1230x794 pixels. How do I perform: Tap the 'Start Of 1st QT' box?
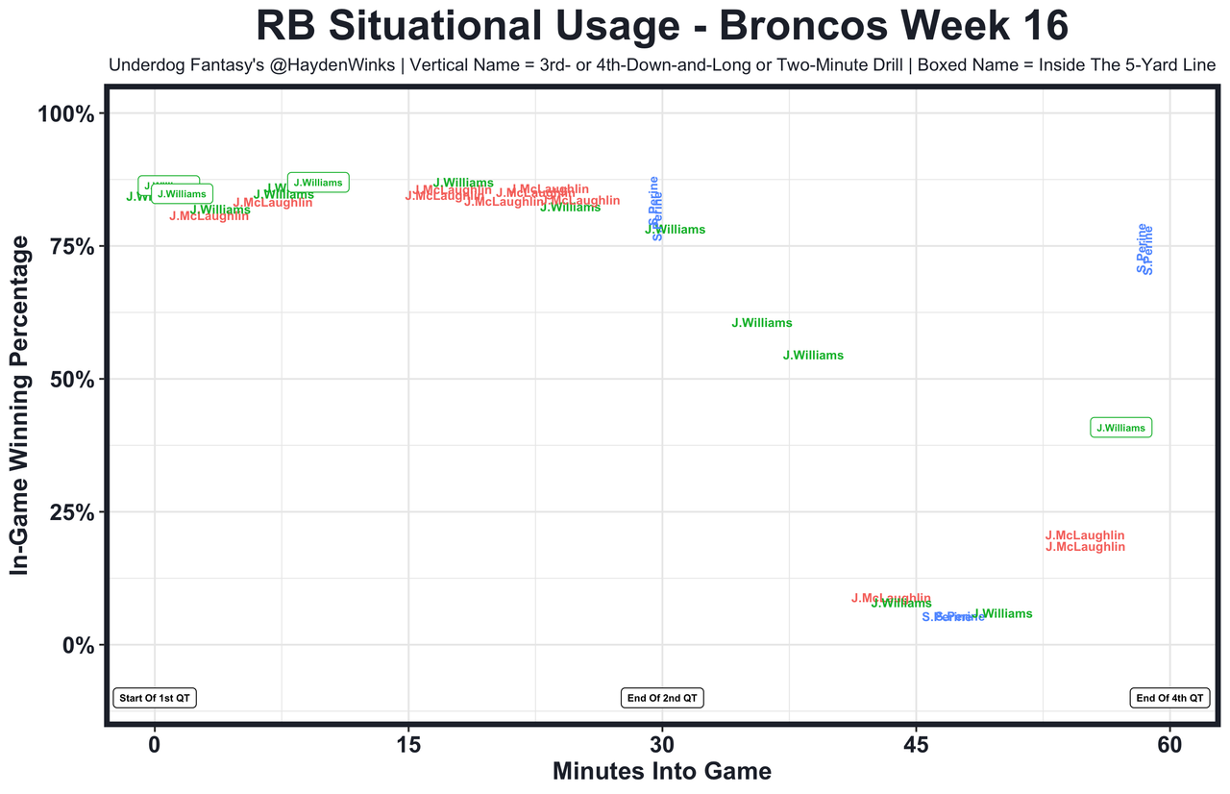coord(155,698)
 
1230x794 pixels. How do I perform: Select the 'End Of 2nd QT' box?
coord(663,698)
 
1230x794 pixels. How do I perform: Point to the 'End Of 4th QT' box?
coord(1168,698)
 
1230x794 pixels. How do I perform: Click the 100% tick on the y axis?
coord(66,114)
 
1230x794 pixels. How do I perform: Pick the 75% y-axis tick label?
coord(71,247)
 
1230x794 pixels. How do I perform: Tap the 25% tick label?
coord(71,512)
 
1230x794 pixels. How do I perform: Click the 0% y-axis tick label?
coord(77,645)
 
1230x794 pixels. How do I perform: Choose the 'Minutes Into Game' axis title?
coord(662,771)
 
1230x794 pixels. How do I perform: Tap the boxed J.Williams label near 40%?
coord(1120,428)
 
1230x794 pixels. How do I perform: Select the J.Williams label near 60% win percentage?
coord(762,323)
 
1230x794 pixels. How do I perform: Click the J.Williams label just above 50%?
coord(813,356)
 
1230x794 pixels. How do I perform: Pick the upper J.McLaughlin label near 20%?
coord(1085,535)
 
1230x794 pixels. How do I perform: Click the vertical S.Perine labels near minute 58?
coord(1144,249)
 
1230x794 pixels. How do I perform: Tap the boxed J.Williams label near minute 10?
coord(318,182)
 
